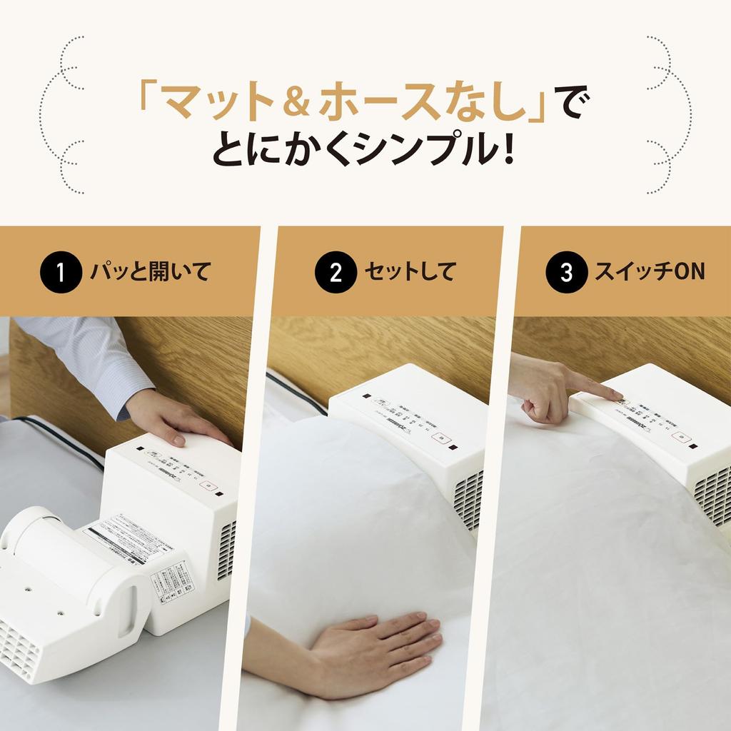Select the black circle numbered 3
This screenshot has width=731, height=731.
(566, 272)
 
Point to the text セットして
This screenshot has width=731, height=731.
(410, 272)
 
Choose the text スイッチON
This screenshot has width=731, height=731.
(650, 272)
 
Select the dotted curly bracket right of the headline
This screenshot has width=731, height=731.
(668, 114)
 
